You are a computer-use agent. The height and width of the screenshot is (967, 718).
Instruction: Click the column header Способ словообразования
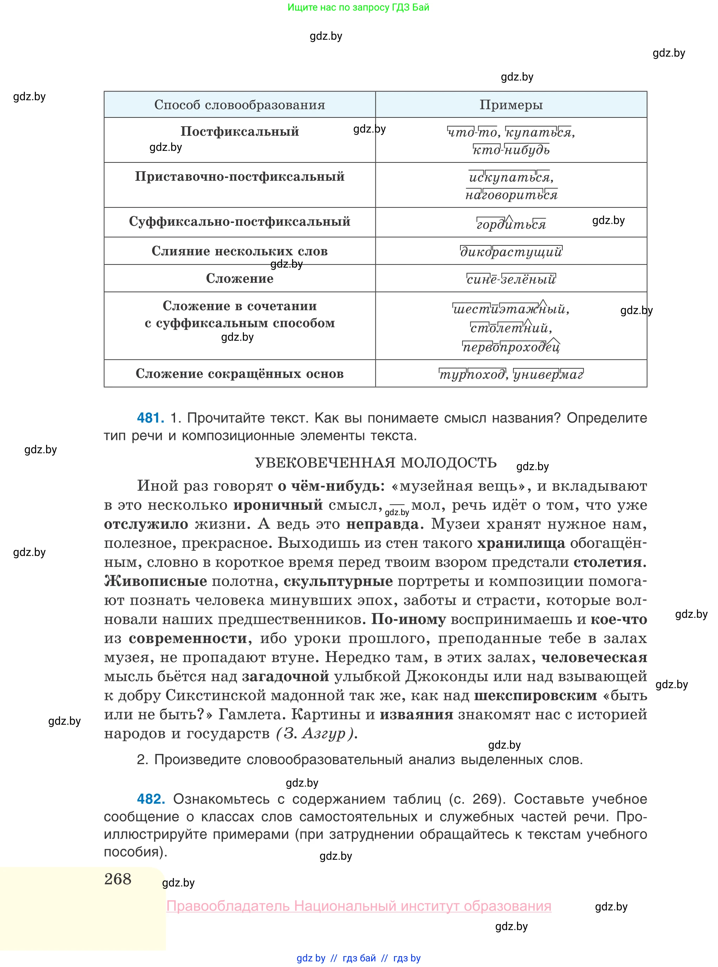(239, 105)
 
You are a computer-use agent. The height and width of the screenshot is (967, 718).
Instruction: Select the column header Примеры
(511, 105)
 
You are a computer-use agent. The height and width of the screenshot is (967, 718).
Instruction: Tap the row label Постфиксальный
(239, 131)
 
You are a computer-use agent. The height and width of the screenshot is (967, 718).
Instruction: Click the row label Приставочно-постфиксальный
(239, 177)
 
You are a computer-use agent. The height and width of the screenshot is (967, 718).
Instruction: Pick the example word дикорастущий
(511, 252)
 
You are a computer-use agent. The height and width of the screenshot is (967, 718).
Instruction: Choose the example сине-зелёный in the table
(511, 279)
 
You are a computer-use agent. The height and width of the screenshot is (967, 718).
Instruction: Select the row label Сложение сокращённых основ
(239, 373)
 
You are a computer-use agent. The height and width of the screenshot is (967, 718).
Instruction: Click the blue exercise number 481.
(150, 418)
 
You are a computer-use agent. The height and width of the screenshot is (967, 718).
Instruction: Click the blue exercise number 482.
(150, 799)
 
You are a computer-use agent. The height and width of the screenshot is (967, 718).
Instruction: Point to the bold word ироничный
(278, 505)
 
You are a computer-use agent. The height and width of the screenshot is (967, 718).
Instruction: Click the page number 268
(118, 879)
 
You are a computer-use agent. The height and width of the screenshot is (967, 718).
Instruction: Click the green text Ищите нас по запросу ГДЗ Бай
(358, 7)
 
